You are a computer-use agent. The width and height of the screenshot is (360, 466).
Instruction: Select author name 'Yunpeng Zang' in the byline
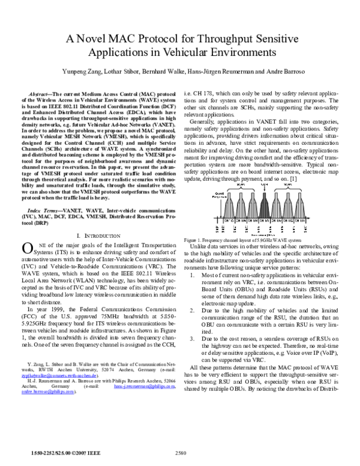[80, 71]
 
